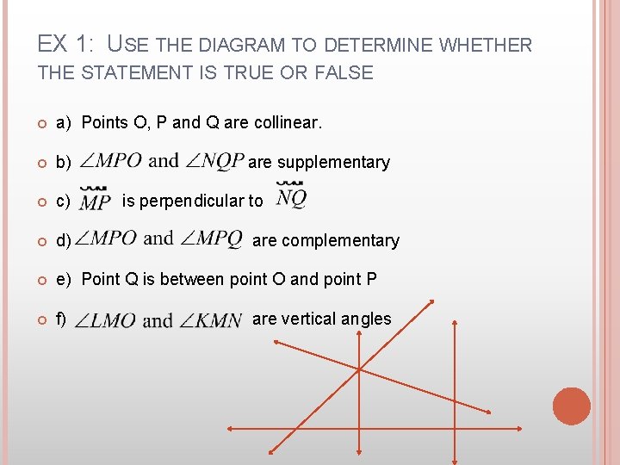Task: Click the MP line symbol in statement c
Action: pos(95,201)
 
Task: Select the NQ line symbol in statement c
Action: pos(290,198)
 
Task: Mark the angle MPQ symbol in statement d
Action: pos(212,239)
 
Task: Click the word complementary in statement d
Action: pos(341,240)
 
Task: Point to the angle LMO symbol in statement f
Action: pos(107,320)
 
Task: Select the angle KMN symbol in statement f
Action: pos(210,320)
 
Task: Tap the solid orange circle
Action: pos(572,406)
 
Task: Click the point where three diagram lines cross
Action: pos(358,369)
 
